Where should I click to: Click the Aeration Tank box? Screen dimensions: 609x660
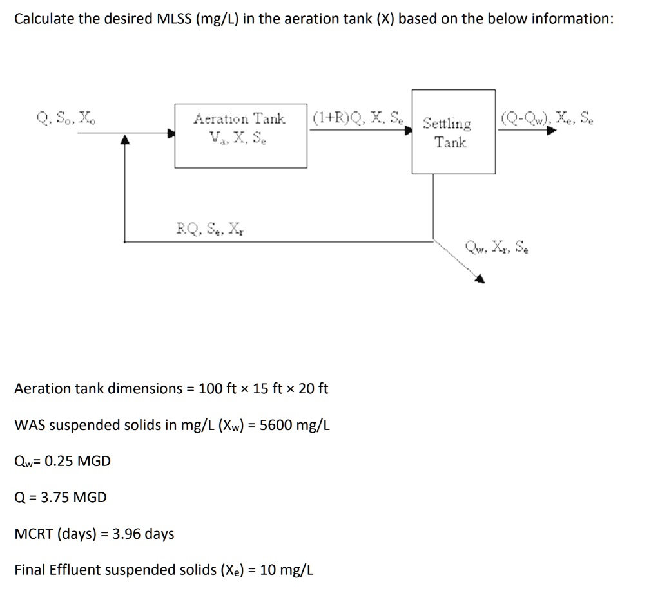[240, 136]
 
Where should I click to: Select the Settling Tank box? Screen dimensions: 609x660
[453, 132]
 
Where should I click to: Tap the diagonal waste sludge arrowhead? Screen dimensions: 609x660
[480, 278]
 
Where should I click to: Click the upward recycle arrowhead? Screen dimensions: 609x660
[126, 138]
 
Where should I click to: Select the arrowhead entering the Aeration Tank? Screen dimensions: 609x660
[171, 133]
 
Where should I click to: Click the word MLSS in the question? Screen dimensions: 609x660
[175, 19]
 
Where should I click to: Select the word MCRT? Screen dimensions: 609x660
[34, 534]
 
